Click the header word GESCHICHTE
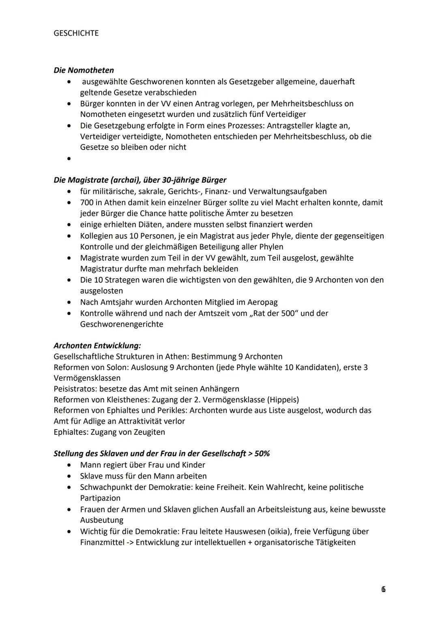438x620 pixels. (x=76, y=33)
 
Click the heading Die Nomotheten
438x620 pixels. (x=84, y=70)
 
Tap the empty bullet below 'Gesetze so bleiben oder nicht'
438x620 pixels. (x=70, y=159)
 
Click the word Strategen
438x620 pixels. (x=121, y=280)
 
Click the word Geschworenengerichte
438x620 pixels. (x=122, y=324)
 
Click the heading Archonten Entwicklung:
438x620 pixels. (x=97, y=346)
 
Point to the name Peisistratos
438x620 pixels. (x=75, y=389)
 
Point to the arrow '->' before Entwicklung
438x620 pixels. (x=130, y=542)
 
